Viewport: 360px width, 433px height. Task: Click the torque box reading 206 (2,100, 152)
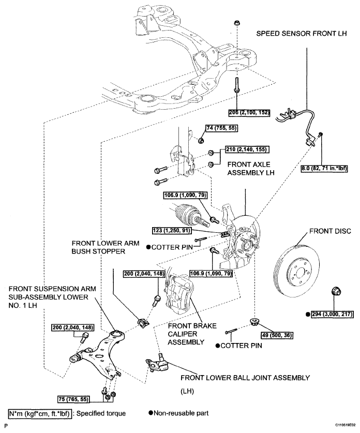[x=249, y=113]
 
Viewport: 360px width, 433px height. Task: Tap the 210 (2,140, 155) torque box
[x=247, y=150]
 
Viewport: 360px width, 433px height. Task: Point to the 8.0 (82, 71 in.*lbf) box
[x=324, y=168]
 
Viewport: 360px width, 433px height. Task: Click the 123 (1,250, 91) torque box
[x=171, y=230]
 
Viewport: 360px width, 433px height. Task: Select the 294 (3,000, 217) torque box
[x=333, y=314]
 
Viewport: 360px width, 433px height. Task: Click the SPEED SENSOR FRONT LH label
[x=302, y=34]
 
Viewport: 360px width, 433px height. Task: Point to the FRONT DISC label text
[x=330, y=231]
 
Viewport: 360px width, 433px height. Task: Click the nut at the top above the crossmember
[x=236, y=23]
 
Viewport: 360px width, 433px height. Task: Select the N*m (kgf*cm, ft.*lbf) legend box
[x=40, y=413]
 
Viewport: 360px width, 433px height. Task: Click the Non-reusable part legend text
[x=178, y=413]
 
